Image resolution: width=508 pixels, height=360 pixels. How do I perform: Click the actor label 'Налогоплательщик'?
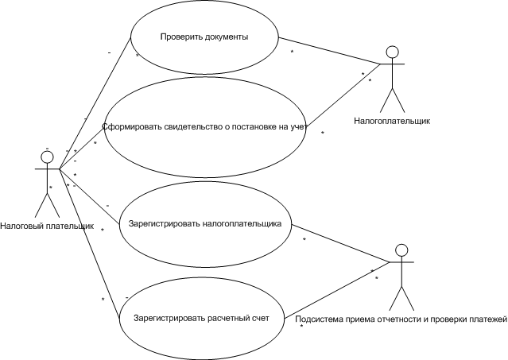click(392, 122)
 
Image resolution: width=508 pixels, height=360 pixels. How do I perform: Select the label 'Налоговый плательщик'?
click(47, 226)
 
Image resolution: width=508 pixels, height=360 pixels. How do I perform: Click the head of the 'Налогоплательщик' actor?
click(393, 52)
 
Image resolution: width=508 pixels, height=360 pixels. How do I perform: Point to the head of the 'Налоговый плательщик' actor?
click(47, 157)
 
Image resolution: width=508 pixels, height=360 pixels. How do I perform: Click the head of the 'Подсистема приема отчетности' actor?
click(401, 250)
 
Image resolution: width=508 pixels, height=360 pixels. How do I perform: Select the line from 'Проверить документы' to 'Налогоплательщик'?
click(329, 51)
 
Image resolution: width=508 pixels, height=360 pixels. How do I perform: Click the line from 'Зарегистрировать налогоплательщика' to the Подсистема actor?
click(339, 243)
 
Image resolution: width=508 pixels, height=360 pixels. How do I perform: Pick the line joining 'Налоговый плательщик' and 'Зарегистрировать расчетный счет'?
click(89, 243)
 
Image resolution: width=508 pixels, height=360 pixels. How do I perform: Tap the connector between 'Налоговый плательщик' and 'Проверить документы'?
click(95, 103)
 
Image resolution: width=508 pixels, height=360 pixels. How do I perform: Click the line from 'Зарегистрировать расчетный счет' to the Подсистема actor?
click(336, 290)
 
